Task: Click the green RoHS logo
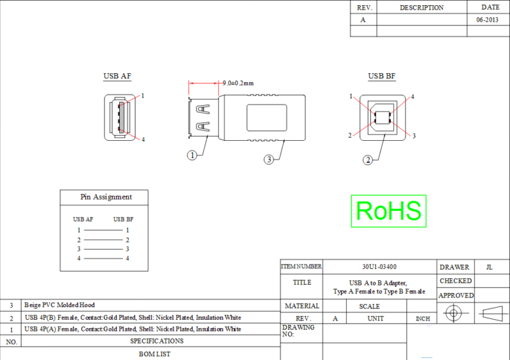pyautogui.click(x=388, y=210)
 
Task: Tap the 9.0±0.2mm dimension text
pyautogui.click(x=238, y=83)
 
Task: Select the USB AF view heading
pyautogui.click(x=117, y=76)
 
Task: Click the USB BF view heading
pyautogui.click(x=381, y=76)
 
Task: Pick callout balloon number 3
pyautogui.click(x=269, y=159)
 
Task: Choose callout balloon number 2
pyautogui.click(x=367, y=160)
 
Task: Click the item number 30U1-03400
pyautogui.click(x=379, y=266)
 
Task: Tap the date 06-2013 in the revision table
pyautogui.click(x=488, y=20)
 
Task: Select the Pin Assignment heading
pyautogui.click(x=106, y=197)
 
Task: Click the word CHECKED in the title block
pyautogui.click(x=455, y=281)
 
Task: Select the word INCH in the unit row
pyautogui.click(x=423, y=319)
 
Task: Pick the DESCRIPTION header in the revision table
pyautogui.click(x=421, y=8)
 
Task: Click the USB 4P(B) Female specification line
pyautogui.click(x=133, y=317)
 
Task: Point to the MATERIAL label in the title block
pyautogui.click(x=302, y=306)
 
